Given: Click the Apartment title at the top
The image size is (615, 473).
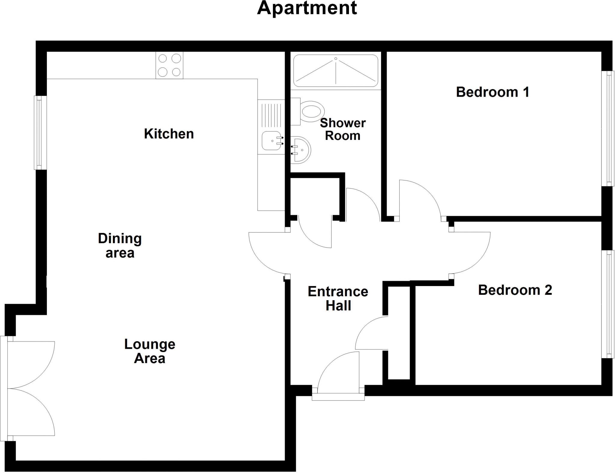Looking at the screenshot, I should (x=307, y=8).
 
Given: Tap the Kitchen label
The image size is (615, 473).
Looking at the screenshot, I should (x=169, y=134).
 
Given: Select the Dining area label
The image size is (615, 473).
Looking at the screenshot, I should (x=120, y=246).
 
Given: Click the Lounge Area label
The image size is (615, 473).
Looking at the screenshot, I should (x=150, y=351).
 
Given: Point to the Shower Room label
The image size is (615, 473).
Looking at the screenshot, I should (x=343, y=129).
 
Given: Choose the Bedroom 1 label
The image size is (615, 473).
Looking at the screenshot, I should (x=492, y=92).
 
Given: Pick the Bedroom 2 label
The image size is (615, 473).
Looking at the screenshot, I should (x=515, y=290).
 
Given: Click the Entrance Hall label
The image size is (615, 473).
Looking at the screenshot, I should (x=338, y=299).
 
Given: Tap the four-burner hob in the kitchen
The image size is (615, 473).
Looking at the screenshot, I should (x=169, y=65).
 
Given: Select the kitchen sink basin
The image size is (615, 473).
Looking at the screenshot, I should (x=272, y=141).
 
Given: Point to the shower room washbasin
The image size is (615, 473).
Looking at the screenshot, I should (x=301, y=150).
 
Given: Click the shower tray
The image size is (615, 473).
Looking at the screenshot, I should (x=335, y=71).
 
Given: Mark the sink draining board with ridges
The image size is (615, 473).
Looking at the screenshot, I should (x=271, y=115).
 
